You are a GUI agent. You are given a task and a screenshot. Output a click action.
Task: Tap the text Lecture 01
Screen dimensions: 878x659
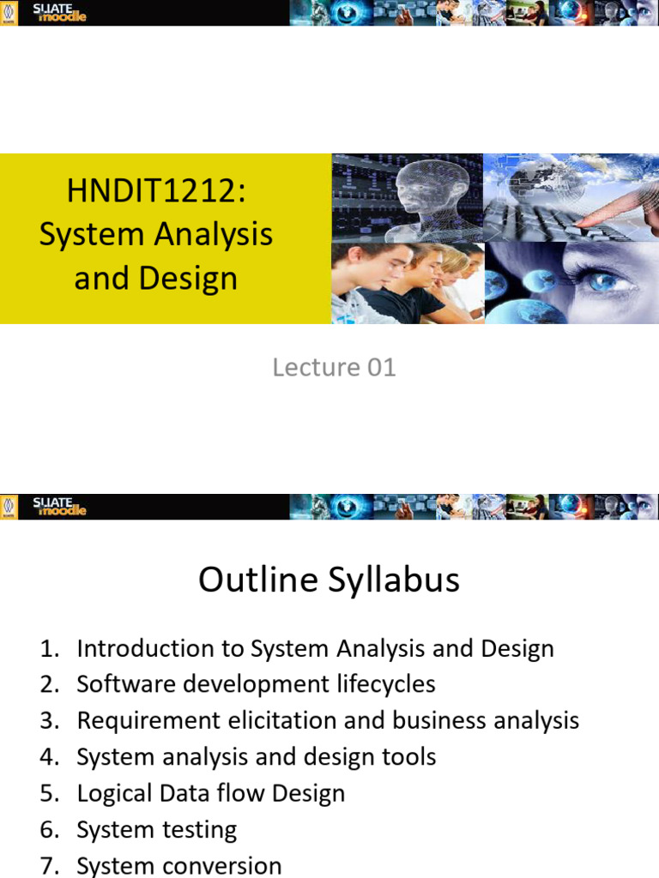tap(334, 368)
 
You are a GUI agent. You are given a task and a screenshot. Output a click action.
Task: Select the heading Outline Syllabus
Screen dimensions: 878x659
tap(329, 580)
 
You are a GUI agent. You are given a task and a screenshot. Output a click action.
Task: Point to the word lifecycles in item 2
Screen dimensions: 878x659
tap(384, 684)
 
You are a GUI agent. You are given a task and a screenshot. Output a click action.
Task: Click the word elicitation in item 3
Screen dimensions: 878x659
tap(281, 721)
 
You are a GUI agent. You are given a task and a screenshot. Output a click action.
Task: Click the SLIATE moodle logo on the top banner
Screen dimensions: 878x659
tap(60, 13)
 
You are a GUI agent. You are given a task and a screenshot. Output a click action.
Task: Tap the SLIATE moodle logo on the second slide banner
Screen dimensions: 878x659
tap(60, 507)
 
